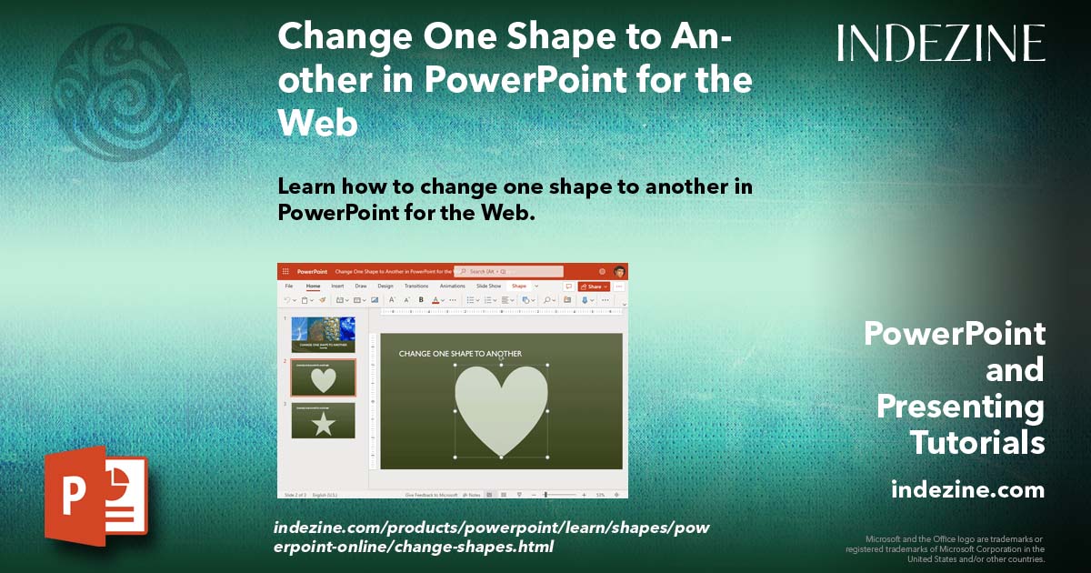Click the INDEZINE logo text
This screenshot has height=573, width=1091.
pyautogui.click(x=941, y=43)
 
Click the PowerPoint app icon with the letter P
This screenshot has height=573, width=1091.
pyautogui.click(x=95, y=497)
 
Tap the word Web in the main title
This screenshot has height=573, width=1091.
pyautogui.click(x=317, y=122)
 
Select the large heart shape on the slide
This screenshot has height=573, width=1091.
pyautogui.click(x=501, y=408)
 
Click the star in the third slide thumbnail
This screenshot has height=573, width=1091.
pyautogui.click(x=324, y=422)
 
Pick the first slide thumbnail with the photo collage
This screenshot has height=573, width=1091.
pyautogui.click(x=323, y=334)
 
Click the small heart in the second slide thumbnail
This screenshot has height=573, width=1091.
pyautogui.click(x=324, y=379)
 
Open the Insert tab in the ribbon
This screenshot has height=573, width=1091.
pyautogui.click(x=337, y=286)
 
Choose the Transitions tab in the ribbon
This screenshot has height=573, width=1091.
pyautogui.click(x=415, y=286)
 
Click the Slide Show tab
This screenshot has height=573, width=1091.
pyautogui.click(x=488, y=286)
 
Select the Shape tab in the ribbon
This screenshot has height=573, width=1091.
pyautogui.click(x=518, y=286)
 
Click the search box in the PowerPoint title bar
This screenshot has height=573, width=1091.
pyautogui.click(x=508, y=271)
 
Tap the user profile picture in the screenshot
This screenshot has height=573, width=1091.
pyautogui.click(x=619, y=271)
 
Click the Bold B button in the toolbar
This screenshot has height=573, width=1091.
pyautogui.click(x=421, y=299)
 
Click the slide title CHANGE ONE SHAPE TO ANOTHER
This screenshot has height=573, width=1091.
pyautogui.click(x=460, y=354)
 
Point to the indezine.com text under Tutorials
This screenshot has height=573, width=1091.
pyautogui.click(x=967, y=490)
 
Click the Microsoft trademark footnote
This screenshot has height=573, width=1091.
pyautogui.click(x=945, y=548)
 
